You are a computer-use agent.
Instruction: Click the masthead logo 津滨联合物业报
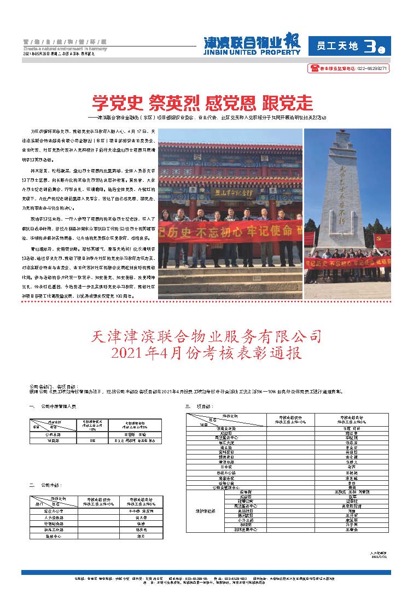(252, 42)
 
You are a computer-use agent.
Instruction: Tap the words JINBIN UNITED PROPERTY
(252, 52)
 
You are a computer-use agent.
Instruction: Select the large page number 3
(370, 47)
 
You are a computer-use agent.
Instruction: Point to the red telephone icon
(315, 68)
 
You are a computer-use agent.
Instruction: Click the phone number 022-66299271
(373, 69)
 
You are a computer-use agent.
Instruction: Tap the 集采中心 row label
(54, 536)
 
